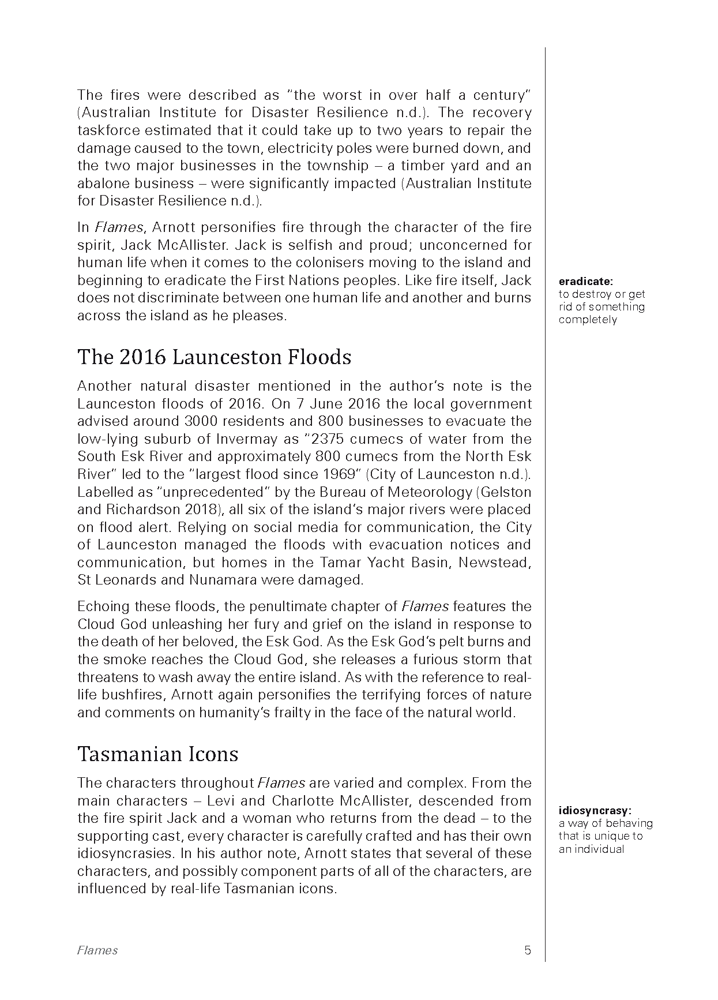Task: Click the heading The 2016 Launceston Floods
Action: point(214,357)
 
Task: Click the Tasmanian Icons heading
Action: point(157,754)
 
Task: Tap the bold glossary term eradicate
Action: point(585,282)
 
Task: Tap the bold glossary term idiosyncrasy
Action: point(595,811)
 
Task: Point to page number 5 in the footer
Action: point(527,950)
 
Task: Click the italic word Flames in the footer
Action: point(97,950)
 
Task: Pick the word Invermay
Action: point(242,439)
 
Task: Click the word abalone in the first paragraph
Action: point(95,183)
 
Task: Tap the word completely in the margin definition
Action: point(587,320)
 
